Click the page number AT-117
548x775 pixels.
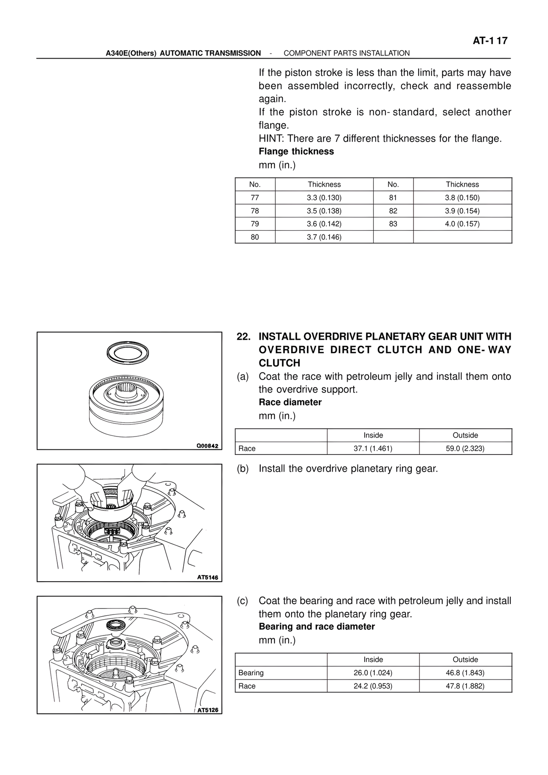490,41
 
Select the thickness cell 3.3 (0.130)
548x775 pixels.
324,198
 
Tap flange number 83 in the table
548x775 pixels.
393,224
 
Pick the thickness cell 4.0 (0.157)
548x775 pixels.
462,224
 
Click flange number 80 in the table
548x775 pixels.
255,237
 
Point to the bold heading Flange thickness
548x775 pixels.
296,151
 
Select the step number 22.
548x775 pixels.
244,337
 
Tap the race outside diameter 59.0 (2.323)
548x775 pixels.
465,448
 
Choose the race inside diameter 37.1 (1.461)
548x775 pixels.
373,448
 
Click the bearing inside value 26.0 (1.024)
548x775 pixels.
373,673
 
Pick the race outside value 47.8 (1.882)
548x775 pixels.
465,686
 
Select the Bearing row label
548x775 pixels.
251,673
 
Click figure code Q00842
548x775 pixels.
207,446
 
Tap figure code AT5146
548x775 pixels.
207,577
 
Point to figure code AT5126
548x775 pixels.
207,710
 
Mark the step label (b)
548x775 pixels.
243,469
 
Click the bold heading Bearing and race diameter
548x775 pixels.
316,627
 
